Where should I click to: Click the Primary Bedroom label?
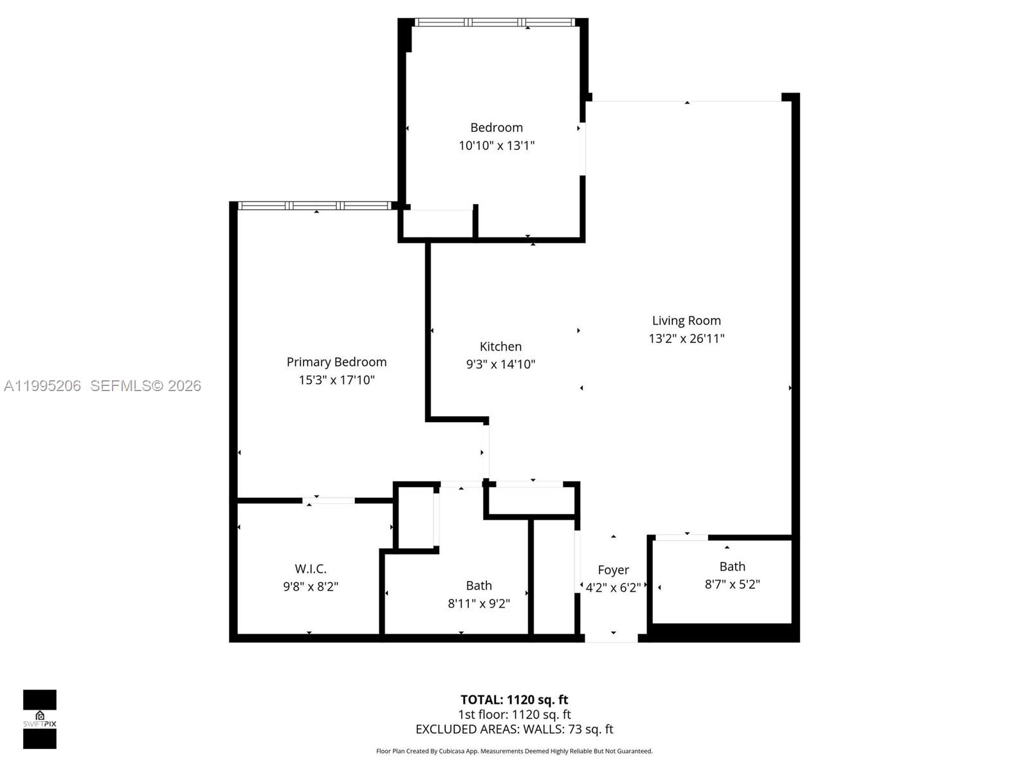point(336,362)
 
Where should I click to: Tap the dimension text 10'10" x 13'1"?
point(496,145)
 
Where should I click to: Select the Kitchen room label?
point(500,346)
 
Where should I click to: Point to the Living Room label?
point(686,320)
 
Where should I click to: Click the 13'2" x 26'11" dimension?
point(686,338)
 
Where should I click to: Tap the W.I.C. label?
point(311,569)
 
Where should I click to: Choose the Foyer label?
point(613,570)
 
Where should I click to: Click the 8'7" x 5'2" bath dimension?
point(732,584)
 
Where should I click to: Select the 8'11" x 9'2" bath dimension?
point(478,603)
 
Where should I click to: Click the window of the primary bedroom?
point(315,206)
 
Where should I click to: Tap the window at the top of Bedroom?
point(495,23)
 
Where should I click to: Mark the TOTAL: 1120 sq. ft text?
point(514,699)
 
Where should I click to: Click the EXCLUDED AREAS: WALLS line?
point(514,729)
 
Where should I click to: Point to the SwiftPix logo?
point(40,719)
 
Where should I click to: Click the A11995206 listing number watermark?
point(42,386)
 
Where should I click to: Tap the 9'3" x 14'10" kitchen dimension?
point(500,364)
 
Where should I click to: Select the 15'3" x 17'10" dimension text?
point(336,380)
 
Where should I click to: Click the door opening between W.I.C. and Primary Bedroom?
point(329,500)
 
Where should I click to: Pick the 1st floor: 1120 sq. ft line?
point(514,714)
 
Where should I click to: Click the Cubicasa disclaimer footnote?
point(514,751)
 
